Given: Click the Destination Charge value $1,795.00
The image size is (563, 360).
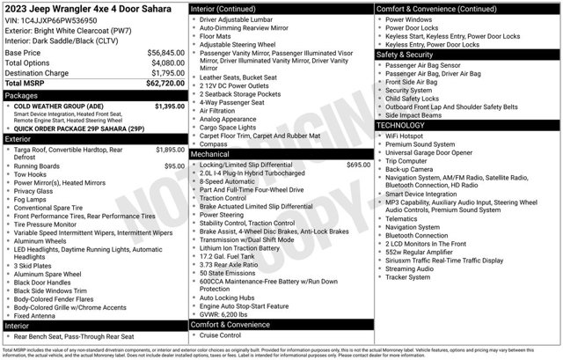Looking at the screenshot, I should click(x=161, y=72).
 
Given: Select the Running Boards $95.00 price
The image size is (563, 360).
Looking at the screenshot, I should click(x=173, y=165).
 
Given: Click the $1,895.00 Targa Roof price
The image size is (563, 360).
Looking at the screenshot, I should click(x=170, y=151).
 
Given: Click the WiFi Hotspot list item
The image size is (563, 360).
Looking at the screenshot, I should click(x=406, y=136).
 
